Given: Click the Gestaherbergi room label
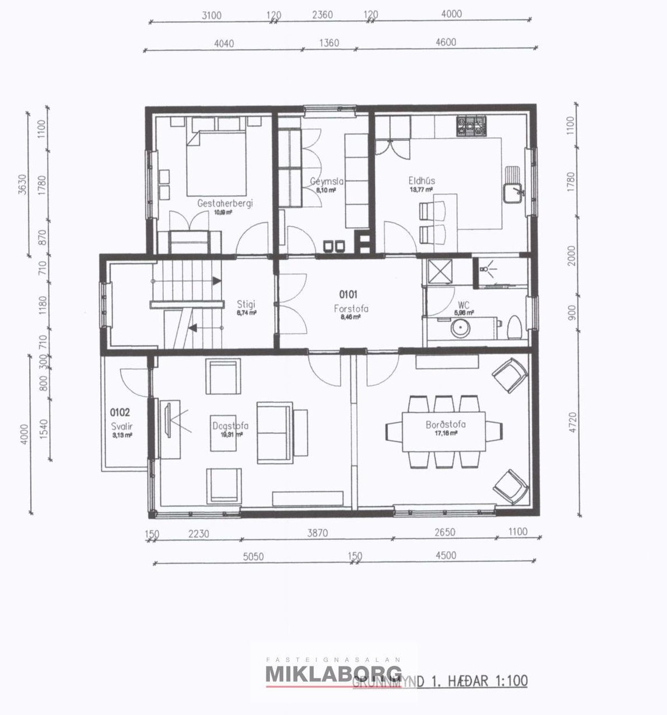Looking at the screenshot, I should coord(225,203).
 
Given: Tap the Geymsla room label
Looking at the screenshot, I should coord(327,182).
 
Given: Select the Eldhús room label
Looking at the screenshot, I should coord(422,181).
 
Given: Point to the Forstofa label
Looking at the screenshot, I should coord(351,308).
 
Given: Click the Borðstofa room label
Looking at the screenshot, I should coord(446,425).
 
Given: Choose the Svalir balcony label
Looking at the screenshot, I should coord(121,426).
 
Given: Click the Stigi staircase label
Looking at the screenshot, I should coord(246,304).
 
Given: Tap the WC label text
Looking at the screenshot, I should coord(463,305).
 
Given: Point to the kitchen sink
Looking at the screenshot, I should coord(512,193).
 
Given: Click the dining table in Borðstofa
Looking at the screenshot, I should coord(444,431).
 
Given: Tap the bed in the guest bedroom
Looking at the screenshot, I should coord(216,162).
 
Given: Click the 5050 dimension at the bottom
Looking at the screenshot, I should coord(253,556).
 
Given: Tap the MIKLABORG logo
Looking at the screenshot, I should coord(333,674).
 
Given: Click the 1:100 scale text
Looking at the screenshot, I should coord(509,681).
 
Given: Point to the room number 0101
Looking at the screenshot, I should coord(348,294).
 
